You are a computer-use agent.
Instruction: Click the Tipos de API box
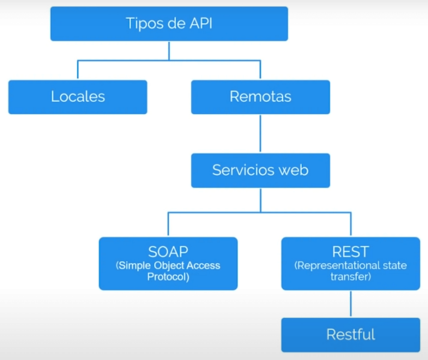169,23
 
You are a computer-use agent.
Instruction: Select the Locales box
78,97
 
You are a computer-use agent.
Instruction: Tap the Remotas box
260,97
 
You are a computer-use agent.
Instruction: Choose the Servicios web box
260,170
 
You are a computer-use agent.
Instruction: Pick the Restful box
350,334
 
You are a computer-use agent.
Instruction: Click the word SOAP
168,252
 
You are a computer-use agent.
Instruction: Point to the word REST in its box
350,252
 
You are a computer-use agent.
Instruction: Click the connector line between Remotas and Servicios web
260,134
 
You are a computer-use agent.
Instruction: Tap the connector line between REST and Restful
350,303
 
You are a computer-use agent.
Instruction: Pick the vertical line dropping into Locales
78,70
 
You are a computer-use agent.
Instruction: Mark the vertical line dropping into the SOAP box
168,224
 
